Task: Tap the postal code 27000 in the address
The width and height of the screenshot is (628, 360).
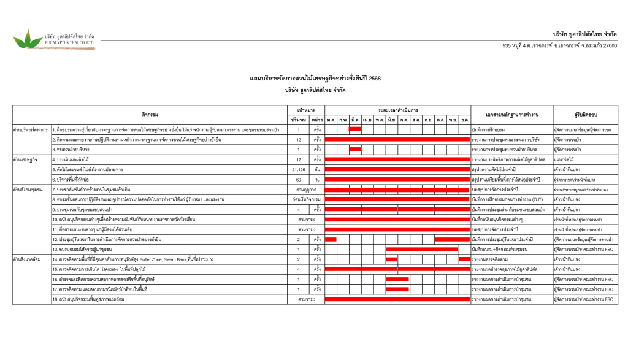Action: [610, 45]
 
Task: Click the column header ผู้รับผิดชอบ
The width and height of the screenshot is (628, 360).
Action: [586, 114]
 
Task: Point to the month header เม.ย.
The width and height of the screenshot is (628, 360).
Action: [367, 119]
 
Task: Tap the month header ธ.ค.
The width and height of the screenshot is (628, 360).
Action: [465, 119]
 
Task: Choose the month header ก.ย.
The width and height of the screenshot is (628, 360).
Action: [428, 119]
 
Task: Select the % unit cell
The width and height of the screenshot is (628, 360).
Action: [317, 180]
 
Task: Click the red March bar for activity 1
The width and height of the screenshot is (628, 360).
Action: [355, 129]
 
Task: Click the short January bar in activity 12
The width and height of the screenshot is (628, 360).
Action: [331, 239]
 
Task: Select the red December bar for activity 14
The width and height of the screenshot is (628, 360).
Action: [464, 259]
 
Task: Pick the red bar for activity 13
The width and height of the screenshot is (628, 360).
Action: [422, 249]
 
